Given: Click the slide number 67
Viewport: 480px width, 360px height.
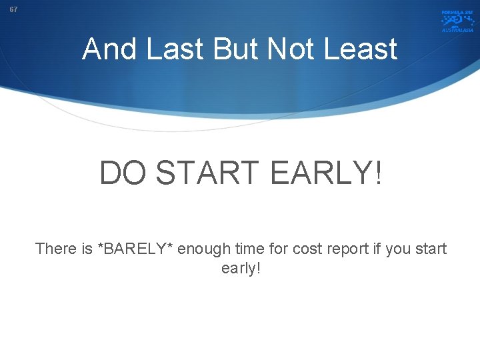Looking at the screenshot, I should tap(14, 10).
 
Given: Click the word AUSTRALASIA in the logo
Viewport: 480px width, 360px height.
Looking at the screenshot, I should tap(457, 30).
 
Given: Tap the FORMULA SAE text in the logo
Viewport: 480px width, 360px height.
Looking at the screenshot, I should tap(457, 13).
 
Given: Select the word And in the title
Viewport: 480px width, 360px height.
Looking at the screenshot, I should tap(108, 49).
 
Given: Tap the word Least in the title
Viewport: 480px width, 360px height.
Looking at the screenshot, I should tap(364, 49).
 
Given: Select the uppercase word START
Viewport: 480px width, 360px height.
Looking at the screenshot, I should tap(210, 174).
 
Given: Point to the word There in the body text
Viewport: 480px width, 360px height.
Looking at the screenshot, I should tap(55, 249).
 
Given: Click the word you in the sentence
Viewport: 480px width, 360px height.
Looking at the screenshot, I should tap(398, 249).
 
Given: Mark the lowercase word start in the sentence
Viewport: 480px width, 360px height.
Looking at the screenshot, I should tap(432, 249).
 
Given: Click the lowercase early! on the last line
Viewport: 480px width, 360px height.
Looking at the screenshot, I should tap(241, 269).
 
